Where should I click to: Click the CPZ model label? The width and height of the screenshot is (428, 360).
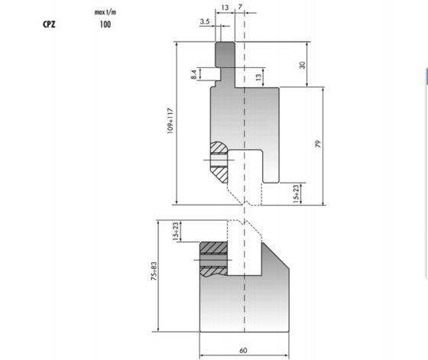[49, 24]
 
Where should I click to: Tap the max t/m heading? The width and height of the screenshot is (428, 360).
[105, 12]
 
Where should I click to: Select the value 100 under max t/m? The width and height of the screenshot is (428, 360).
[105, 24]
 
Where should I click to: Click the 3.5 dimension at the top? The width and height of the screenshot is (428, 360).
[205, 21]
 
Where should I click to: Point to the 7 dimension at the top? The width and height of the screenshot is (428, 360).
[240, 7]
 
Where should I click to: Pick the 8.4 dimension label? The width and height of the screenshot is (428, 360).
[194, 74]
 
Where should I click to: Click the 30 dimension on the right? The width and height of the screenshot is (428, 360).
[303, 65]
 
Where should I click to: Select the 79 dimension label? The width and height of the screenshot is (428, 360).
[318, 144]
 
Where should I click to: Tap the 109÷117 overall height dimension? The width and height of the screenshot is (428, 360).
[170, 121]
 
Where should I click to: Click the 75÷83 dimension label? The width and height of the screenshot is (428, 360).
[154, 271]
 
